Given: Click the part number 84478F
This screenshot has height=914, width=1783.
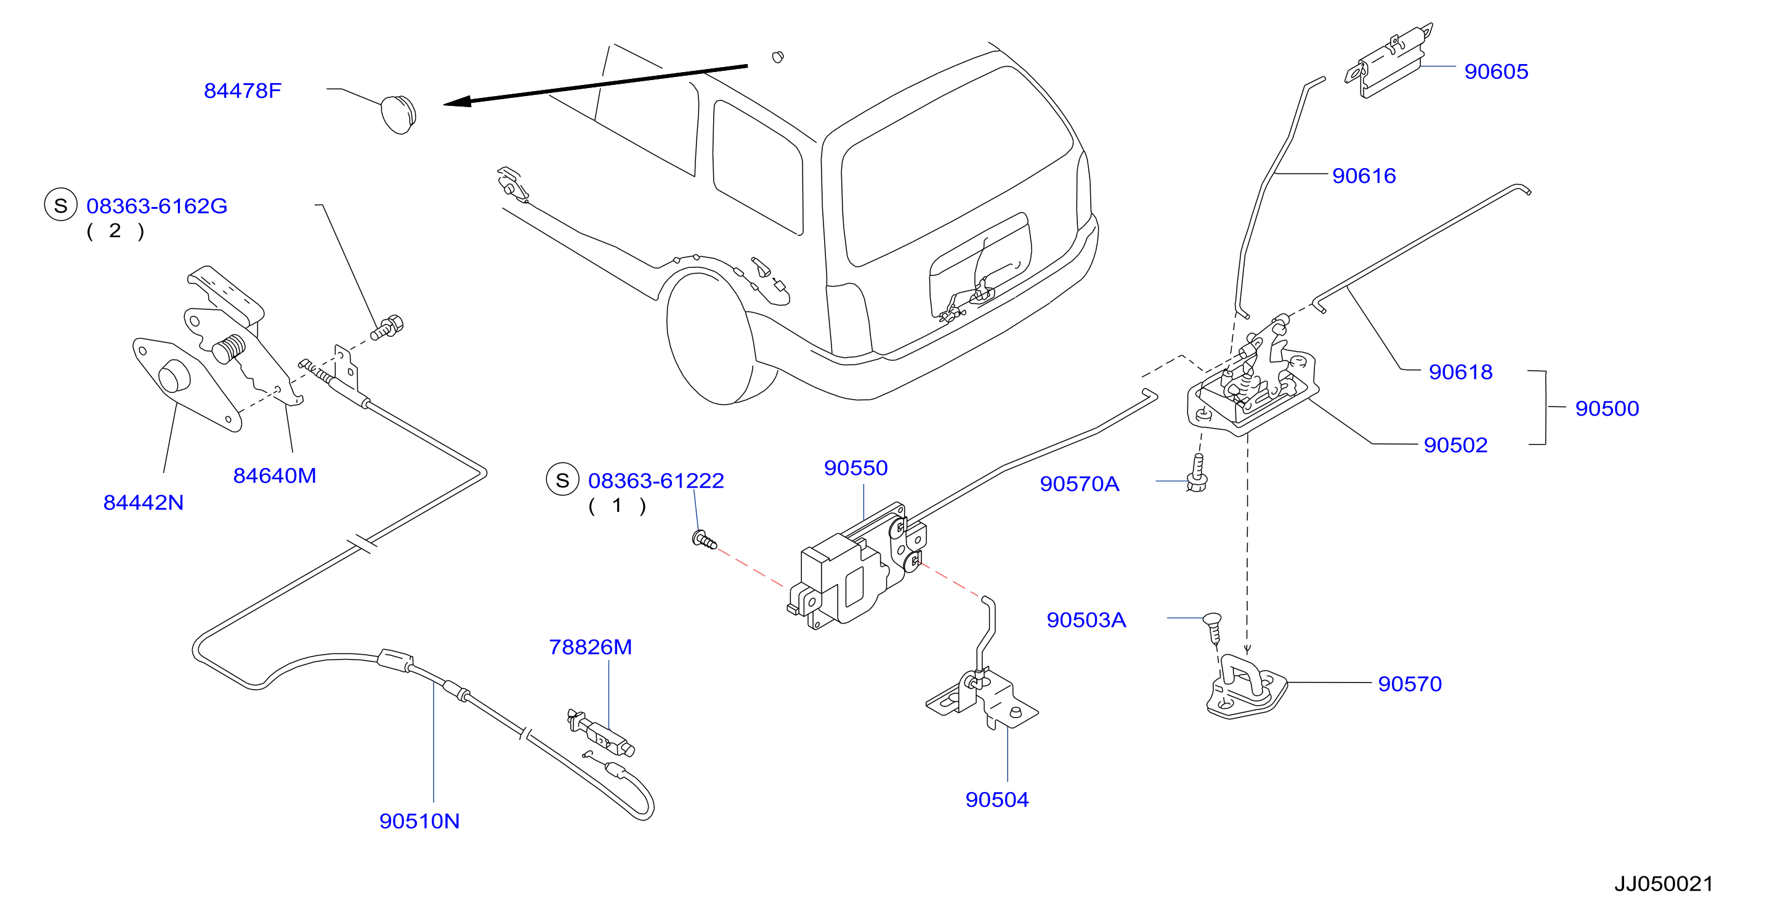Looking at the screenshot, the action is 242,91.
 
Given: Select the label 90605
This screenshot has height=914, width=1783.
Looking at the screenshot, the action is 1496,71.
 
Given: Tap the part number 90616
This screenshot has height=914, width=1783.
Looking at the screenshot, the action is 1364,176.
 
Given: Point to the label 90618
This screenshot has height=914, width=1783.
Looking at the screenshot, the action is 1460,372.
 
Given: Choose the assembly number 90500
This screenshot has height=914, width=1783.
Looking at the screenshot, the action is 1606,408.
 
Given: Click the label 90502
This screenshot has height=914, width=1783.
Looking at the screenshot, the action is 1455,445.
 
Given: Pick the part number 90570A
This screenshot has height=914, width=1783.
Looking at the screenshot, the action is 1079,484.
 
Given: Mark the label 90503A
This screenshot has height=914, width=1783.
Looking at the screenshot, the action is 1086,620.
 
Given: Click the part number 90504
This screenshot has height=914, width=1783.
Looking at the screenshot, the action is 997,799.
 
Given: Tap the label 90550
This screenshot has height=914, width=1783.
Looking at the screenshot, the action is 855,468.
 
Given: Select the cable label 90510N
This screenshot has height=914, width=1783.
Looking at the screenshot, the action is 419,821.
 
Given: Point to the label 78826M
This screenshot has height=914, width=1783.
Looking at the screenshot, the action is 590,647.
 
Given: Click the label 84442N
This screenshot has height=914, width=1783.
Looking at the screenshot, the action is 144,503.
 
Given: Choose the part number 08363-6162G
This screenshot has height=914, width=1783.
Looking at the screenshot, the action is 156,206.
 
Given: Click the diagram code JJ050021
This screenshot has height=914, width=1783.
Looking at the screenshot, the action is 1664,884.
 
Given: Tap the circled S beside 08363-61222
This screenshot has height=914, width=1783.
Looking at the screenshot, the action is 562,479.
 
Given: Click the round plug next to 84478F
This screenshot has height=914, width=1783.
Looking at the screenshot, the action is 398,115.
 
